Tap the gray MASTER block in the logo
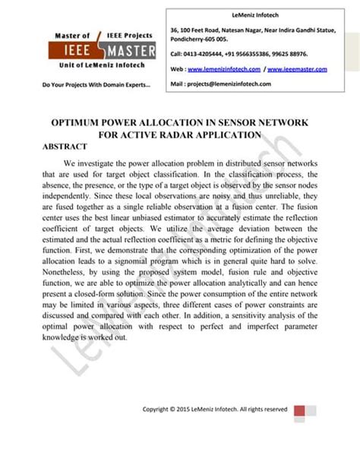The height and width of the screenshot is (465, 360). [x=129, y=51]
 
